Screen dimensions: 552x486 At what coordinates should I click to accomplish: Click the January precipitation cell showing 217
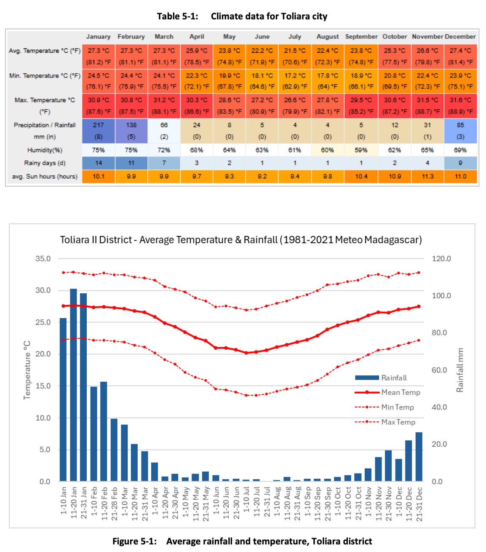98,131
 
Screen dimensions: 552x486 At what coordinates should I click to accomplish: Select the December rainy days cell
460,163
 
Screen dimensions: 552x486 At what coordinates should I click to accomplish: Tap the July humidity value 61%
294,150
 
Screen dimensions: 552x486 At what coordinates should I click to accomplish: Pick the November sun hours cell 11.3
427,176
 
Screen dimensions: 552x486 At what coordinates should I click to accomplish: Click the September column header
361,37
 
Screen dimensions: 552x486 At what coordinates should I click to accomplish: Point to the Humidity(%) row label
45,150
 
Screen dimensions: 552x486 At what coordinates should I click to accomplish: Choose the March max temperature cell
164,106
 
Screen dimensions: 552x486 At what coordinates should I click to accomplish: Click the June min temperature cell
262,81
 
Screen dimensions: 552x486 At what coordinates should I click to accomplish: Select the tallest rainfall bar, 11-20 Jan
73,384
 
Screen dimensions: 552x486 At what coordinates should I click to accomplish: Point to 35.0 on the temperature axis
43,259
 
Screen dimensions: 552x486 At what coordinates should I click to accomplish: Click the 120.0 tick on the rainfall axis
441,259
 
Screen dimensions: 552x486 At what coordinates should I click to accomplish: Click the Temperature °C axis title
27,370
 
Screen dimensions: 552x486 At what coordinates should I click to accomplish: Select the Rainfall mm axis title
460,370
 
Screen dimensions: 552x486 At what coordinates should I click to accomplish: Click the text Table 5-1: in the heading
177,16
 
